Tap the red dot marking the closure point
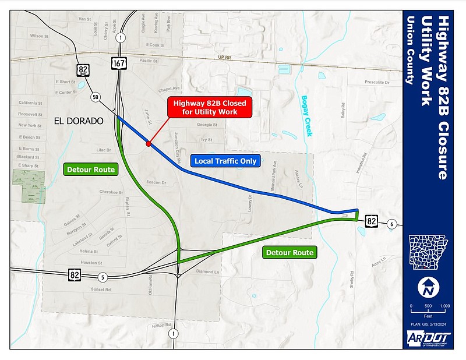click(149, 143)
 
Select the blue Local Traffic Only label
click(225, 161)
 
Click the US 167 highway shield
click(118, 62)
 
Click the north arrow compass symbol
click(428, 287)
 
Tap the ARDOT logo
click(428, 338)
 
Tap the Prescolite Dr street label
click(374, 82)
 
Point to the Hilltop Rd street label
click(159, 325)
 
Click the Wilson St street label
click(40, 36)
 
